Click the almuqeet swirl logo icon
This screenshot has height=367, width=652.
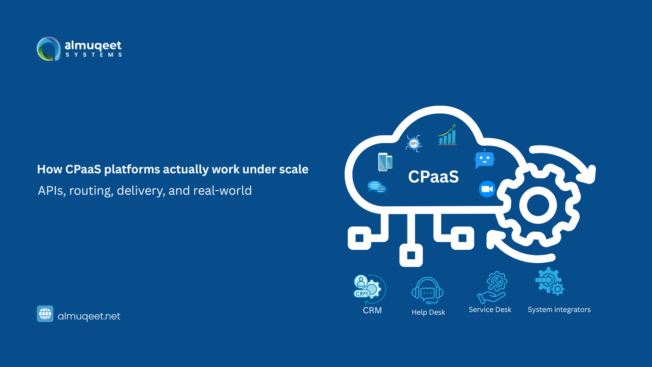[49, 49]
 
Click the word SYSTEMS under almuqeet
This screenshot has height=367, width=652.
[94, 55]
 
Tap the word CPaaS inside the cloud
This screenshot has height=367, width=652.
[433, 177]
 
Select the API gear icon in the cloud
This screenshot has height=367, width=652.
[414, 143]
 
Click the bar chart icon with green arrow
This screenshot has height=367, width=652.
[447, 135]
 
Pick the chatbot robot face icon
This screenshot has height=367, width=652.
[485, 159]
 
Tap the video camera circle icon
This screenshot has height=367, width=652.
[487, 189]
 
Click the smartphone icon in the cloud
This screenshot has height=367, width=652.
[385, 162]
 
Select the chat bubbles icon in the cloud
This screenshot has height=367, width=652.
[377, 187]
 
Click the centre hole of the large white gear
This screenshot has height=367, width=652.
[538, 205]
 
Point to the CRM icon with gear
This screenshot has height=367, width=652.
[369, 289]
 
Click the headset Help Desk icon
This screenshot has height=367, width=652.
[428, 291]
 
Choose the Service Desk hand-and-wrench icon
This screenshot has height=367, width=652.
[492, 287]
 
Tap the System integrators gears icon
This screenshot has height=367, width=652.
[549, 281]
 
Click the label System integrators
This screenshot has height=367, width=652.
[559, 310]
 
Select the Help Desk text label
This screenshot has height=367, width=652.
[428, 312]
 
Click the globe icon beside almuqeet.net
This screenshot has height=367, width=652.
[45, 314]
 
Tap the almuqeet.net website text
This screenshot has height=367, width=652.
[89, 316]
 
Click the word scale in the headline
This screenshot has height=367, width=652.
[293, 169]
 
